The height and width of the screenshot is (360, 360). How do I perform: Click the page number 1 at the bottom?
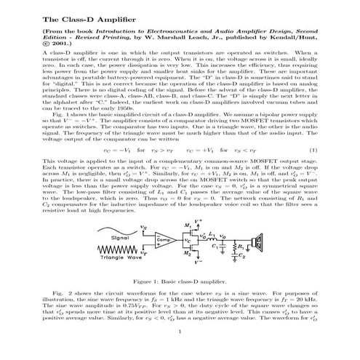[180, 351]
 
